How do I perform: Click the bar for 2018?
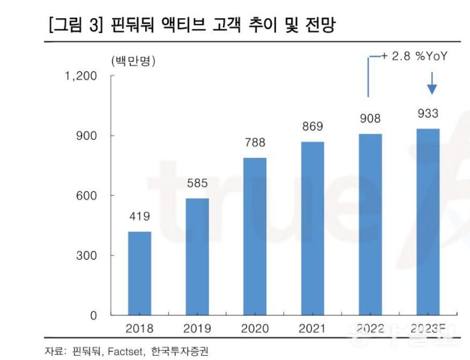click(x=139, y=273)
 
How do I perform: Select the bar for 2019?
click(x=197, y=256)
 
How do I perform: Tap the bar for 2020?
click(x=255, y=236)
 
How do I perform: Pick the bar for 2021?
click(x=313, y=228)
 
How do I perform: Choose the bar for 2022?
click(x=370, y=224)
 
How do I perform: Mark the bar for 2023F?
click(x=428, y=222)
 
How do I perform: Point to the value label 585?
click(x=197, y=183)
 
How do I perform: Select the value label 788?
click(x=255, y=143)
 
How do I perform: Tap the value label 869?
click(x=313, y=126)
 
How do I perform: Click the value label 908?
click(x=370, y=119)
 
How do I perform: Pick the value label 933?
click(x=428, y=114)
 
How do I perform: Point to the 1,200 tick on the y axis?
click(x=81, y=76)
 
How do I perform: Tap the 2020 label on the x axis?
click(x=255, y=329)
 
